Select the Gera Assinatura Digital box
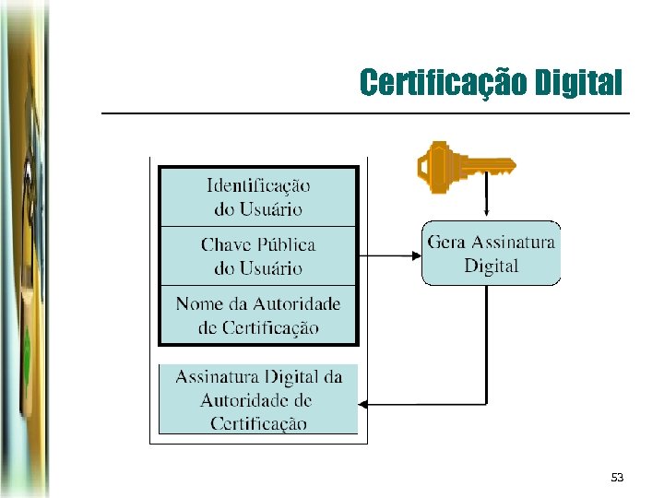click(x=491, y=253)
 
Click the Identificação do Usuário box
click(x=258, y=196)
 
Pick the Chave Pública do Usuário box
click(x=258, y=255)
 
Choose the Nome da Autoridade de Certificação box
click(x=258, y=314)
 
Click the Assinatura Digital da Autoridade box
click(x=258, y=399)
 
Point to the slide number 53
click(x=617, y=477)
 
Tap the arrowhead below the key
click(x=486, y=215)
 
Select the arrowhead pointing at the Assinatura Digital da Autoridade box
click(x=364, y=404)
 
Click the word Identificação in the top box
click(x=258, y=185)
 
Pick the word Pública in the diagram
click(x=285, y=244)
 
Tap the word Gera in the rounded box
click(x=447, y=243)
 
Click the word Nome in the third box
click(x=198, y=303)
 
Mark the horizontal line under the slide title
click(x=364, y=113)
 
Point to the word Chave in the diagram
click(x=226, y=244)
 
